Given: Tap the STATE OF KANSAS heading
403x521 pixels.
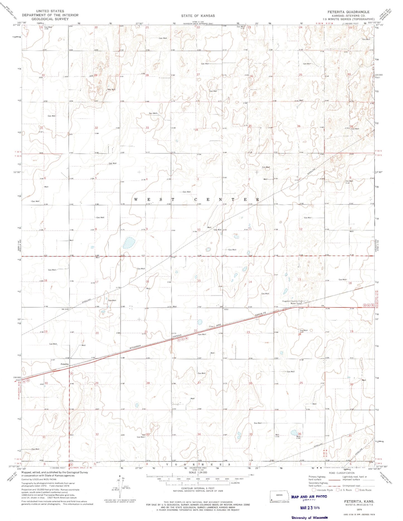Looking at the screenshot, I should tap(198, 16).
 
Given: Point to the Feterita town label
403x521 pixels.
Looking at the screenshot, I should tap(65, 364).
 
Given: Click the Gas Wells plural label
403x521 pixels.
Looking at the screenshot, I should tap(153, 113).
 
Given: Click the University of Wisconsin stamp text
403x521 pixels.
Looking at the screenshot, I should tap(309, 517).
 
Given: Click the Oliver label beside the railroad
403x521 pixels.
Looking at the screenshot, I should tap(211, 326).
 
